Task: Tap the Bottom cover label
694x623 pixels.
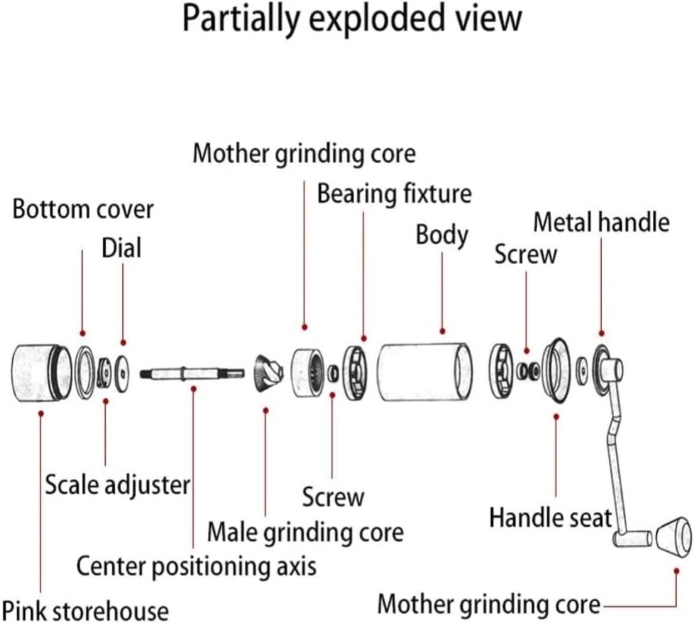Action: (83, 209)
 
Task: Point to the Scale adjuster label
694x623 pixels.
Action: (117, 485)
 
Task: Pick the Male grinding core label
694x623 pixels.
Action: (305, 532)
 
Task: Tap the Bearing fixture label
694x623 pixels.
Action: (394, 194)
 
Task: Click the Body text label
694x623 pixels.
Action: (442, 236)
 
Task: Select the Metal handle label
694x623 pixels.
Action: (601, 222)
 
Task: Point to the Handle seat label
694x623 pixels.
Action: (551, 517)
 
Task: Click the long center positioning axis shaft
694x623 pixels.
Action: (192, 374)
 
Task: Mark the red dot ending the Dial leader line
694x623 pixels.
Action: (123, 343)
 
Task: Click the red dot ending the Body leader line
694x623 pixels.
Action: (442, 332)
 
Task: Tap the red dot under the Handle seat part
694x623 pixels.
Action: (556, 417)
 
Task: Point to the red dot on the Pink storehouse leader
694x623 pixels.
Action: (41, 414)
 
